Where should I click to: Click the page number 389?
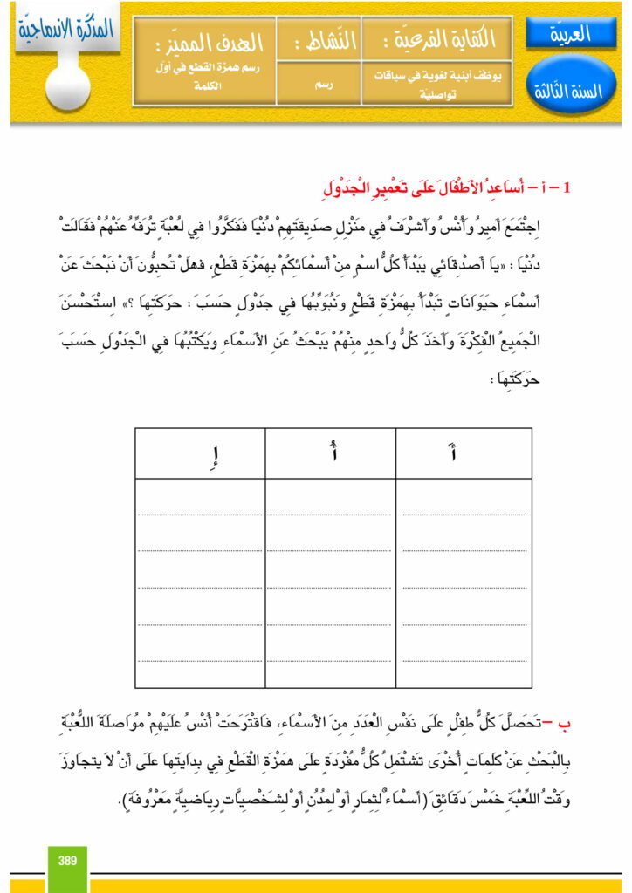click(x=68, y=861)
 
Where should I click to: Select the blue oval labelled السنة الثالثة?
click(x=572, y=91)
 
